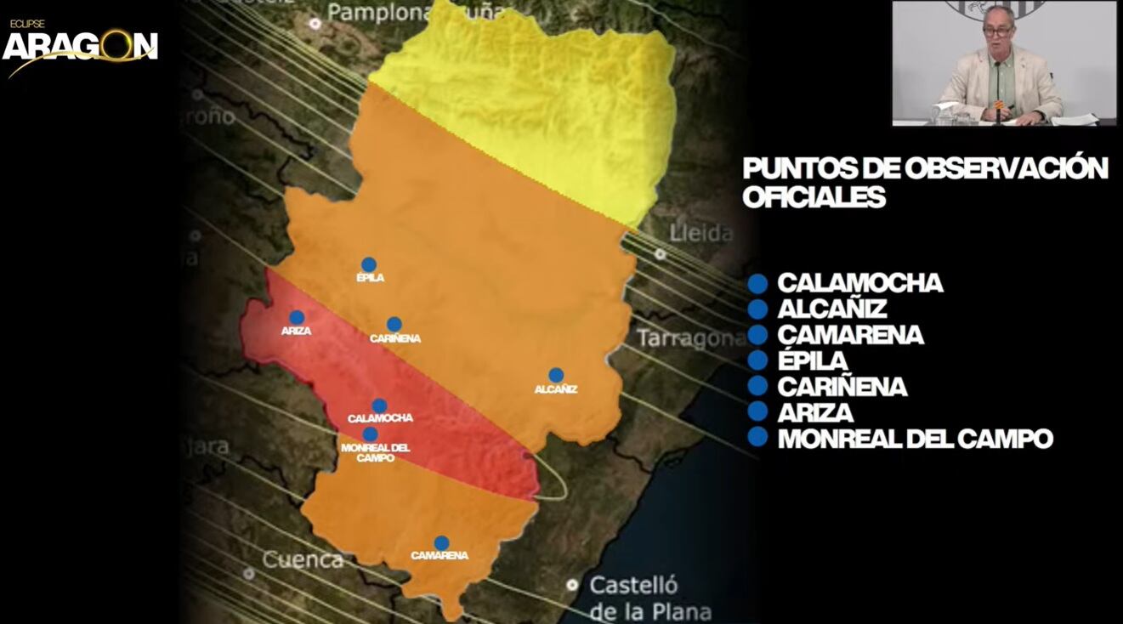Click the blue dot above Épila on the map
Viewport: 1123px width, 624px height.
(x=368, y=264)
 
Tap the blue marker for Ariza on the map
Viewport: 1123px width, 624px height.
(x=297, y=318)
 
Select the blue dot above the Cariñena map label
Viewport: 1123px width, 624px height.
(x=394, y=324)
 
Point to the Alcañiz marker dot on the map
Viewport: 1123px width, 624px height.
(x=556, y=375)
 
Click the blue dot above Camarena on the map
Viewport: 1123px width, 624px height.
(x=441, y=542)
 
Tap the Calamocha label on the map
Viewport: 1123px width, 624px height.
(x=380, y=418)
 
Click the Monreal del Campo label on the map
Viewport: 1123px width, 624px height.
(x=375, y=452)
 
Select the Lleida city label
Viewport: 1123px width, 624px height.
(x=701, y=233)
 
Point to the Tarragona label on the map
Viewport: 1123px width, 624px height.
(x=690, y=339)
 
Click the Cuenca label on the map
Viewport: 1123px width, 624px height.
(x=303, y=560)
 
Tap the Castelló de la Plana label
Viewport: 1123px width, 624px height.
(x=649, y=598)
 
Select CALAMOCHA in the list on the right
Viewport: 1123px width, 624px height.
(x=859, y=283)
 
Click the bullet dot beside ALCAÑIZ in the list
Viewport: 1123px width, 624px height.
(x=757, y=309)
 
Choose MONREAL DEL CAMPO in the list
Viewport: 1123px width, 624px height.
(x=915, y=439)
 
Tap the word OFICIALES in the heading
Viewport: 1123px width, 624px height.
(x=814, y=197)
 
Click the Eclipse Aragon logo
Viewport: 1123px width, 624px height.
(x=80, y=46)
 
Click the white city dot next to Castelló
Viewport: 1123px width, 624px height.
(x=573, y=585)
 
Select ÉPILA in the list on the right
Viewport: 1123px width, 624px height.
(x=812, y=360)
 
